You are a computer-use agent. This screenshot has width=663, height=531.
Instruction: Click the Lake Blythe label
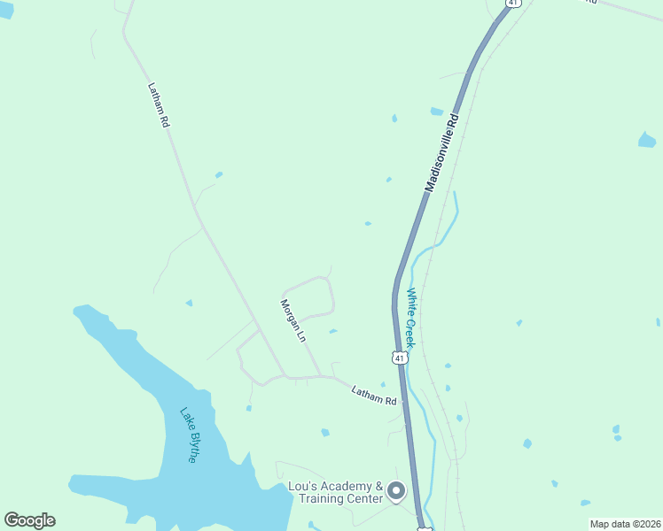(x=189, y=435)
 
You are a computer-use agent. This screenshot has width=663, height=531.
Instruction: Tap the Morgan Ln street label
(x=292, y=321)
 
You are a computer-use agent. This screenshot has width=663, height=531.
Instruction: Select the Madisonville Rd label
(x=443, y=152)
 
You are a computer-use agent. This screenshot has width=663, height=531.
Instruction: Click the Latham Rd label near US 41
(x=374, y=395)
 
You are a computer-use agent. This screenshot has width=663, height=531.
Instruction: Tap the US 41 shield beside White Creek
(x=401, y=358)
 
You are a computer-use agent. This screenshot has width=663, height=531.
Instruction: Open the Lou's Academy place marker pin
(x=396, y=489)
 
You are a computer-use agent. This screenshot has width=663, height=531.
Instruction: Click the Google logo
(x=29, y=520)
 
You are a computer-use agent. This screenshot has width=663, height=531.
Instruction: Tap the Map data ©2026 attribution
(x=625, y=524)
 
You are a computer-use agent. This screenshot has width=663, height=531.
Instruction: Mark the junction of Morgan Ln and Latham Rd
(x=321, y=376)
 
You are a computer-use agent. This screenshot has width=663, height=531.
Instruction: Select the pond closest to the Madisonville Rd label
(x=436, y=112)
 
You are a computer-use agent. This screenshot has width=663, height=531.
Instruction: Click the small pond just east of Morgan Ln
(x=332, y=332)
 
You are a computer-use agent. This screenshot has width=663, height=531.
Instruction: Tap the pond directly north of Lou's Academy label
(x=325, y=433)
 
